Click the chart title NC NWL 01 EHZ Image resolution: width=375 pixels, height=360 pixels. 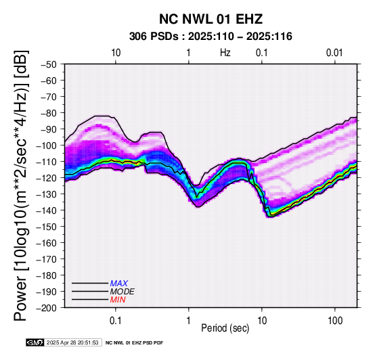pos(211,19)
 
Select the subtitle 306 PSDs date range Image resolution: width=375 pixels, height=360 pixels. pos(211,37)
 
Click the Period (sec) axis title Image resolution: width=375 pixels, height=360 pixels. pos(225,328)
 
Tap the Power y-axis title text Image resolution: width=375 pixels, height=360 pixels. pos(21,185)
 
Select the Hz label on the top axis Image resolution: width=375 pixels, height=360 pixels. pos(225,53)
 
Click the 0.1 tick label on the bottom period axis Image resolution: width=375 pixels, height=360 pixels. pos(116,321)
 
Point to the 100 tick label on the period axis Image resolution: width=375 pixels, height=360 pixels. pos(335,321)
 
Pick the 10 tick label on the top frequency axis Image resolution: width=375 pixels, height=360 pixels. pos(116,53)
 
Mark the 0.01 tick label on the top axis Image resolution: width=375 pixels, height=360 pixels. pos(334,53)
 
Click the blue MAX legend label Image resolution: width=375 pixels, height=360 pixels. pos(119,284)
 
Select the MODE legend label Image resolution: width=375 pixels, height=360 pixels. pos(123,292)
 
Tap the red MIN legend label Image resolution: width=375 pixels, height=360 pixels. pos(118,300)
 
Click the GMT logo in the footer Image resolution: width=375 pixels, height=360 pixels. pos(35,342)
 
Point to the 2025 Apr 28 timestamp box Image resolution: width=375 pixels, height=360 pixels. pos(73,342)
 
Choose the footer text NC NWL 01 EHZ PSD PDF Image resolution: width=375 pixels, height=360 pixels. pos(135,343)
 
